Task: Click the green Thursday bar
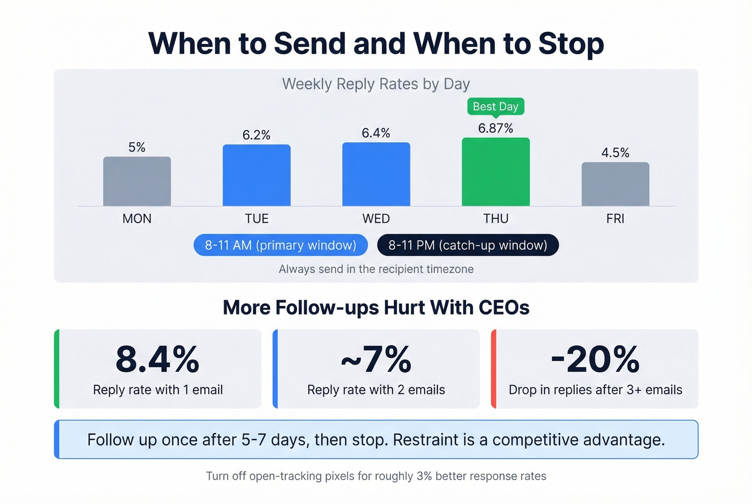point(495,172)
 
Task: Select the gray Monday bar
point(137,181)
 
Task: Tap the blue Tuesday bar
point(257,176)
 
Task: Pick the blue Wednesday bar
point(376,174)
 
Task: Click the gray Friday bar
point(615,184)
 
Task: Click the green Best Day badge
point(495,106)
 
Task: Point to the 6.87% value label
point(495,128)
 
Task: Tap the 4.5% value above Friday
point(615,153)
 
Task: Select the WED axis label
point(376,218)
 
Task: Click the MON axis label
point(137,218)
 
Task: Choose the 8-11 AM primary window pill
point(280,245)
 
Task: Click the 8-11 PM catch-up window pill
point(468,245)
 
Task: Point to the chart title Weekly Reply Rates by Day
point(376,84)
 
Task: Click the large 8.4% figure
point(157,359)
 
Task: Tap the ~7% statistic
point(376,359)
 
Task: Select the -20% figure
point(595,359)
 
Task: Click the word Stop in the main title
point(571,43)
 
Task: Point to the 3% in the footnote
point(424,476)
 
